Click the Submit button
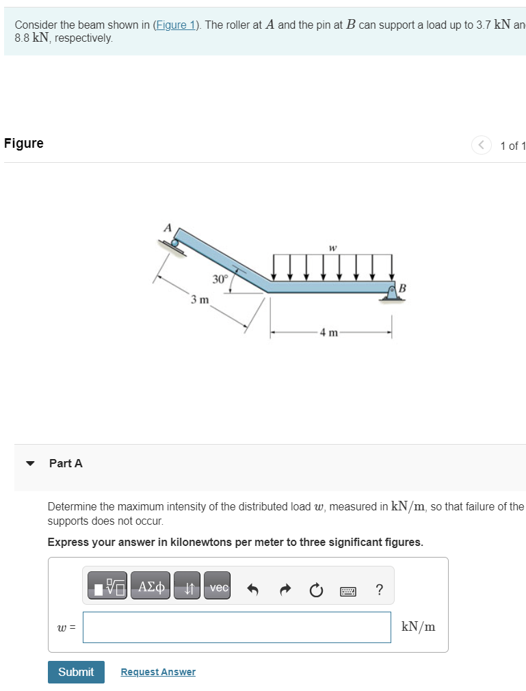76,672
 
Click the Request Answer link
158,672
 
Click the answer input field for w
237,627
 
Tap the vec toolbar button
218,588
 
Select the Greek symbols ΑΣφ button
150,588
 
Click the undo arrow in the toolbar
252,589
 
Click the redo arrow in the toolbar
285,589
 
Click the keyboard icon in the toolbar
347,589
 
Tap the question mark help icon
380,589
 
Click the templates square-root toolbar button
107,588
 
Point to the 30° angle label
219,279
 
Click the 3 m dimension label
200,300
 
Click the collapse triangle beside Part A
29,463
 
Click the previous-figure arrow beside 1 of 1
481,145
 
